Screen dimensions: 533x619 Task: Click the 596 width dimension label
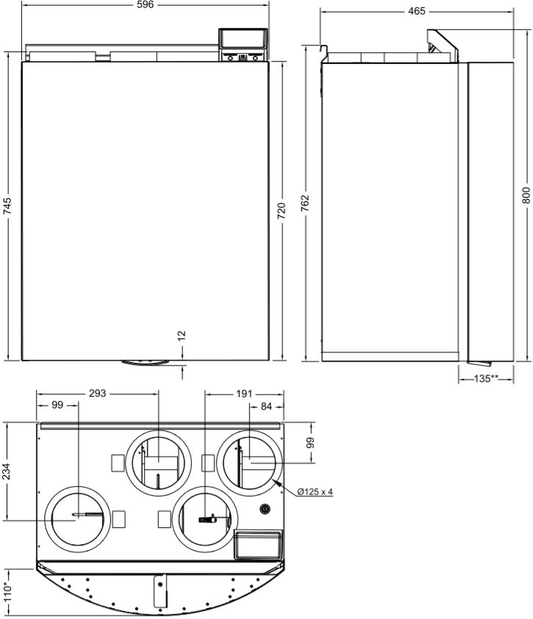click(x=145, y=4)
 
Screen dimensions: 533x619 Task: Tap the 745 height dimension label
click(x=7, y=206)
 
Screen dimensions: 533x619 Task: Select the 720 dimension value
click(x=281, y=211)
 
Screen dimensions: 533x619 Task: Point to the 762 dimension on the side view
click(x=304, y=203)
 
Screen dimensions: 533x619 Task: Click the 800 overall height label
click(x=526, y=195)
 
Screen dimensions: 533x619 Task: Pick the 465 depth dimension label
click(x=417, y=12)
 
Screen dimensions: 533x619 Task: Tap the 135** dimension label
click(x=486, y=379)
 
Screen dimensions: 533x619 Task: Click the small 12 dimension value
click(x=182, y=336)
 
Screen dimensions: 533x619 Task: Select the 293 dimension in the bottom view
click(x=97, y=393)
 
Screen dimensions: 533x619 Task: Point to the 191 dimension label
click(x=244, y=394)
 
